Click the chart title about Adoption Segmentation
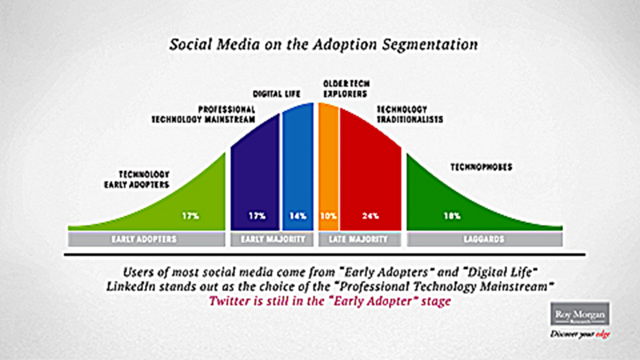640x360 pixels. (323, 45)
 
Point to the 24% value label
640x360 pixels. (370, 215)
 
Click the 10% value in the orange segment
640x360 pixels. (329, 215)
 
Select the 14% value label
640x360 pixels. (298, 215)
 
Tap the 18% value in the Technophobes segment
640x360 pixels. (452, 215)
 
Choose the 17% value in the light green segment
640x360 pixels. (190, 215)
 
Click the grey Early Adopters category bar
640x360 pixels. (146, 239)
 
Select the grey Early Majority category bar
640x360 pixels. (272, 239)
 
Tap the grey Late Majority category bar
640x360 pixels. (359, 239)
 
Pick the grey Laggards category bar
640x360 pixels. (485, 239)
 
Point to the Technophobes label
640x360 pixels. (482, 167)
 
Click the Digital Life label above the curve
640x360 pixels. (276, 94)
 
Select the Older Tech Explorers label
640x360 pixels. (346, 89)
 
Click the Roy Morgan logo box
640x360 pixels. (580, 314)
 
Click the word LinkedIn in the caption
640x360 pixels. (130, 286)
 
